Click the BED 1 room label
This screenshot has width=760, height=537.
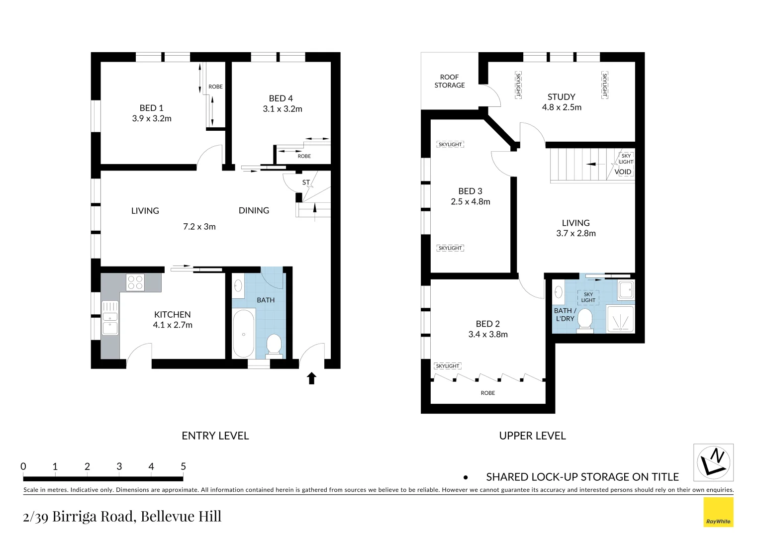[x=151, y=108]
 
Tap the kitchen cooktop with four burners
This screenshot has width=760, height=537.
[x=135, y=282]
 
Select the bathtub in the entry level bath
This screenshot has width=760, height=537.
[x=243, y=333]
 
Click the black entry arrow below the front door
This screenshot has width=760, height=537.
[x=312, y=378]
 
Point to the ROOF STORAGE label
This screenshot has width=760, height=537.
[x=450, y=81]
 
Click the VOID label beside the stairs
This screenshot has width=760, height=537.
[x=623, y=172]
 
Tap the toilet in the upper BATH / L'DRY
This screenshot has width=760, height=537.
[x=585, y=320]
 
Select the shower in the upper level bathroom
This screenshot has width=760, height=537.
[x=621, y=318]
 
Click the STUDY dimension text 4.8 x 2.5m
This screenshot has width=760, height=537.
[x=562, y=107]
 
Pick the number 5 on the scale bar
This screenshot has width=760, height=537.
[x=183, y=466]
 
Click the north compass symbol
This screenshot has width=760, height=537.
[x=713, y=462]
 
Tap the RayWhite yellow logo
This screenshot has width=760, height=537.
[x=718, y=512]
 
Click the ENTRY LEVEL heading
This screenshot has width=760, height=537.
[x=215, y=436]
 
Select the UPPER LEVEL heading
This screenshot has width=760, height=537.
[x=532, y=436]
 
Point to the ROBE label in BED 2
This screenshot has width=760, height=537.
[x=487, y=393]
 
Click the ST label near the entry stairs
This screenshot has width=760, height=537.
[x=306, y=182]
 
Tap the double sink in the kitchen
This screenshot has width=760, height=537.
[x=110, y=318]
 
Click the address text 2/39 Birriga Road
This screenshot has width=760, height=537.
[x=122, y=517]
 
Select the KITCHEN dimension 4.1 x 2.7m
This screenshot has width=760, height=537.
[x=173, y=325]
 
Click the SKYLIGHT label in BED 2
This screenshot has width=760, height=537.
[x=448, y=366]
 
